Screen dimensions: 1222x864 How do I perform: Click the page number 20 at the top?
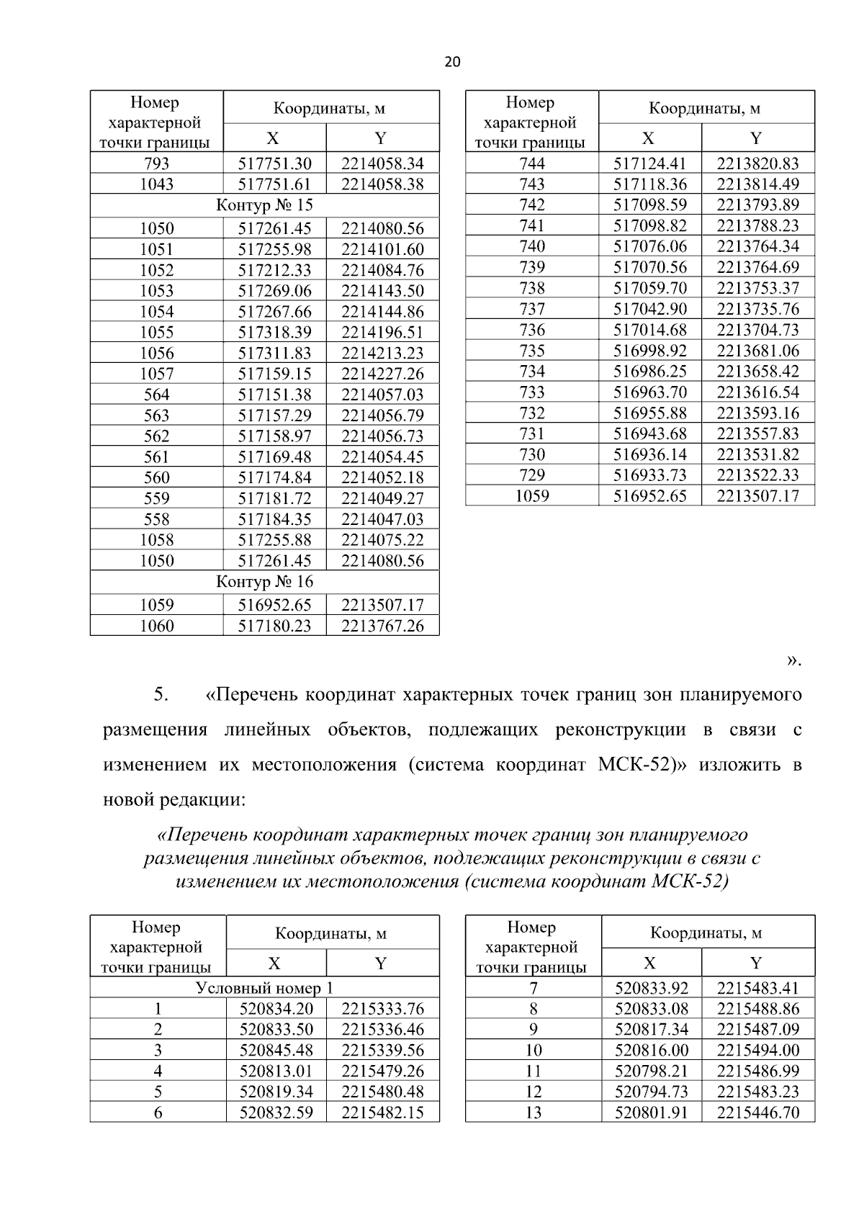[451, 62]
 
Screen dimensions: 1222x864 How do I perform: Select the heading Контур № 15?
[264, 205]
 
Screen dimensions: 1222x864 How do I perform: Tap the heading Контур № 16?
[264, 581]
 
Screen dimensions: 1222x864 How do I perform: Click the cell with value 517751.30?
[274, 163]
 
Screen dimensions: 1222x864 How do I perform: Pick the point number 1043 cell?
[156, 184]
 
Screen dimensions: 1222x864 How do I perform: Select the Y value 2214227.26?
[382, 374]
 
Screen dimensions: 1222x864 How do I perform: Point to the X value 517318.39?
[274, 332]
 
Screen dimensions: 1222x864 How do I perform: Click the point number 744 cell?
[532, 163]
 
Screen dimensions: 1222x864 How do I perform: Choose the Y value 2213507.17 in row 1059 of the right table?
[757, 496]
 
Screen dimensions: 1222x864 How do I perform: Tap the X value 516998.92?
[649, 351]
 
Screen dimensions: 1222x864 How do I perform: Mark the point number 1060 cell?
[156, 626]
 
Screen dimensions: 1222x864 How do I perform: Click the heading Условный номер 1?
[264, 987]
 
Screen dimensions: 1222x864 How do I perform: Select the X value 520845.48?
[276, 1050]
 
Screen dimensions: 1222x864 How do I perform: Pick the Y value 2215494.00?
[757, 1050]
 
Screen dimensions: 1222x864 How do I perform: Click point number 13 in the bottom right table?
[533, 1113]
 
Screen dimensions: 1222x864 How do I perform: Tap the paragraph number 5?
[160, 695]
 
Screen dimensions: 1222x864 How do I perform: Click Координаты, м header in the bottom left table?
[331, 933]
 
